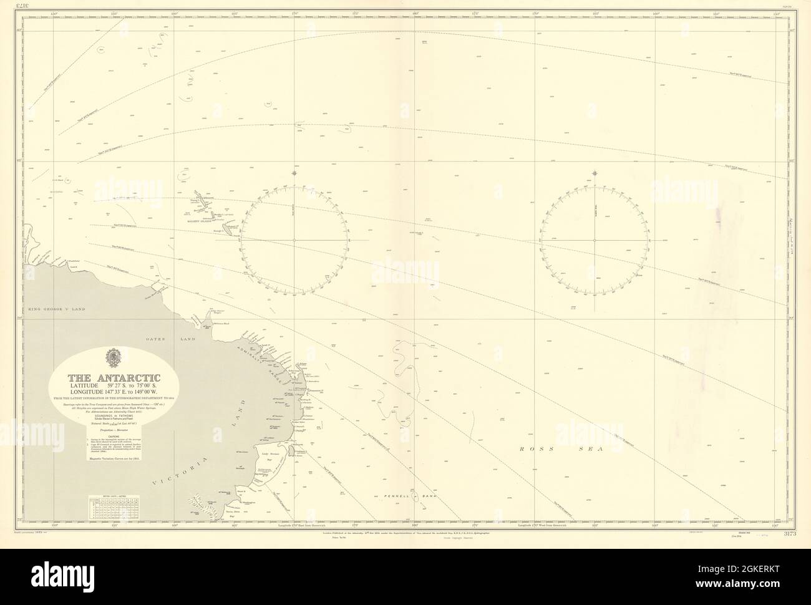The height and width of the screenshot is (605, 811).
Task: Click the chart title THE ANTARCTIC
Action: click(x=115, y=377)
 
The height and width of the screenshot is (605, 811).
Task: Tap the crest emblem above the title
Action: click(x=114, y=358)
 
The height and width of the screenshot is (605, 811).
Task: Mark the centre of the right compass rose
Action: click(x=595, y=240)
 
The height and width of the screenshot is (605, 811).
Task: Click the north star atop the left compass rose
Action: click(x=294, y=173)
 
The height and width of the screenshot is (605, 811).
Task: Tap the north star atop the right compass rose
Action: click(x=595, y=173)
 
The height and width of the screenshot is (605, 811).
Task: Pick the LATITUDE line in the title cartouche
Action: click(x=114, y=387)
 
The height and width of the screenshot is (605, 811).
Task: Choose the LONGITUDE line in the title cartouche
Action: click(x=114, y=394)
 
